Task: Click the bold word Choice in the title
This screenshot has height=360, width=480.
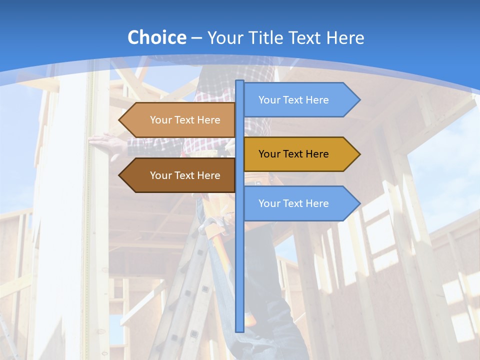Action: click(x=156, y=37)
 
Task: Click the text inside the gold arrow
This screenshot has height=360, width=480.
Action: click(x=293, y=154)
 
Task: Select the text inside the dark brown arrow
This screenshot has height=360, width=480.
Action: click(x=185, y=175)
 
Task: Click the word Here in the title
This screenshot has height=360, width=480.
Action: click(x=345, y=37)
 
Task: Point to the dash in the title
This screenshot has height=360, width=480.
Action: click(x=196, y=38)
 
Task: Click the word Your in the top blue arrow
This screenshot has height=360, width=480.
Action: click(x=269, y=100)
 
